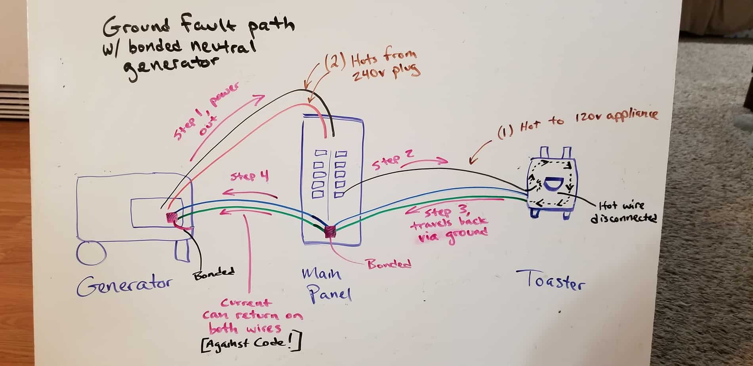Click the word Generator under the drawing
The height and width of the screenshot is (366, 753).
tap(125, 286)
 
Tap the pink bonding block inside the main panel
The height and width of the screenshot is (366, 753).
tap(330, 231)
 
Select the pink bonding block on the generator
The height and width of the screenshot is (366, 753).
tap(172, 217)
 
